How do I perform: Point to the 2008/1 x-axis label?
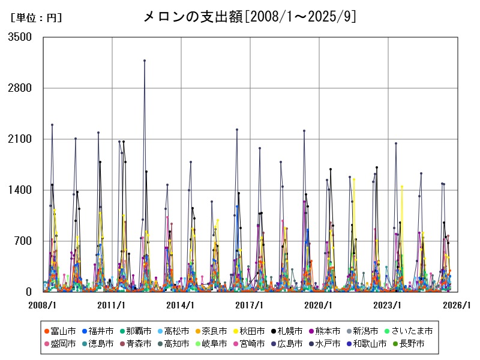tap(43, 305)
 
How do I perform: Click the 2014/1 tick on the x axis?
tap(181, 305)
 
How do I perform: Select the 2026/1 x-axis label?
tap(457, 305)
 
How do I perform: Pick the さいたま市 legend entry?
tap(412, 331)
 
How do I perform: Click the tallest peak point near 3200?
tap(145, 61)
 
